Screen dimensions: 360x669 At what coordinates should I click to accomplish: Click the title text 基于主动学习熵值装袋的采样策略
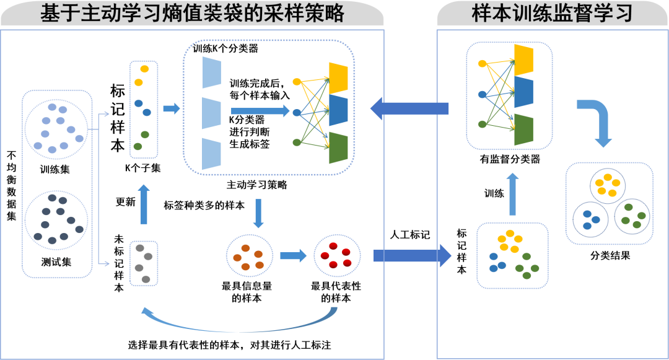coord(192,14)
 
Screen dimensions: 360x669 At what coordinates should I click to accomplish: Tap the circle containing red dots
coord(337,255)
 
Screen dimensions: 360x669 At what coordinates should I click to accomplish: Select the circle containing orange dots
coord(248,255)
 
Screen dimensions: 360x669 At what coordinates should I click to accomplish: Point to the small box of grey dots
coord(144,263)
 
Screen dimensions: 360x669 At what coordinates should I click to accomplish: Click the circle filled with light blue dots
coord(56,128)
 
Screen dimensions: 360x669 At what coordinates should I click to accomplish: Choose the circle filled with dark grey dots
coord(56,219)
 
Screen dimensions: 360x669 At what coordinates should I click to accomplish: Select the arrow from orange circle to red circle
coord(293,255)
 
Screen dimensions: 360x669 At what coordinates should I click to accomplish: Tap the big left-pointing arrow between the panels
coord(409,109)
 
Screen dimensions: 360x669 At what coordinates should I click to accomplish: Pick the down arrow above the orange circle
coord(259,213)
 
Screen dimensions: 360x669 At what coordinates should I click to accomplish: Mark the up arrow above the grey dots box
coord(144,204)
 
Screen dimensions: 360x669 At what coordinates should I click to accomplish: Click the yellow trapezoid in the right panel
coord(523,61)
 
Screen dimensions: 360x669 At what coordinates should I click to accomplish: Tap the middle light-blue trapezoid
coord(211,113)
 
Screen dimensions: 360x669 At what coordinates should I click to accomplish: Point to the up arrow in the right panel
coord(512,193)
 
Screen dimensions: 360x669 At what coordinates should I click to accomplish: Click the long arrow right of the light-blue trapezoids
coord(260,112)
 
